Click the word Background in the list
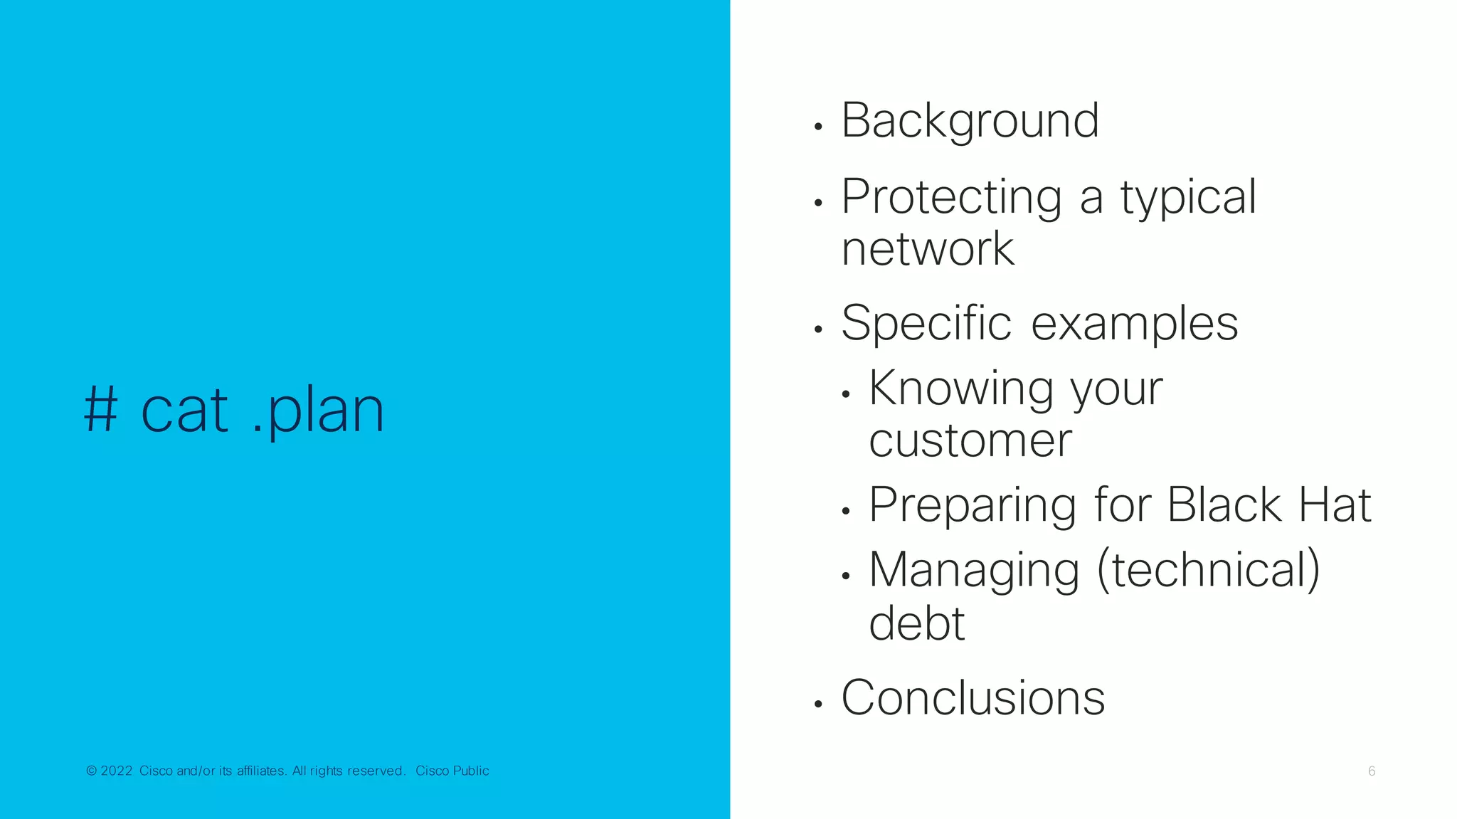coord(970,120)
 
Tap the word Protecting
coord(952,197)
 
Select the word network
coord(928,249)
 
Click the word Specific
coord(926,324)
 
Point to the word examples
coord(1134,324)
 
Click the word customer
coord(970,440)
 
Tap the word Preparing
coord(973,506)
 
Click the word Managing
coord(974,571)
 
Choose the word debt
coord(916,623)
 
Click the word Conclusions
coord(973,697)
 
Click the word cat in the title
coord(185,411)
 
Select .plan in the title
coord(318,411)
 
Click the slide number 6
coord(1372,771)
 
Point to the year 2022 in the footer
coord(117,771)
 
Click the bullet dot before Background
coord(818,127)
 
